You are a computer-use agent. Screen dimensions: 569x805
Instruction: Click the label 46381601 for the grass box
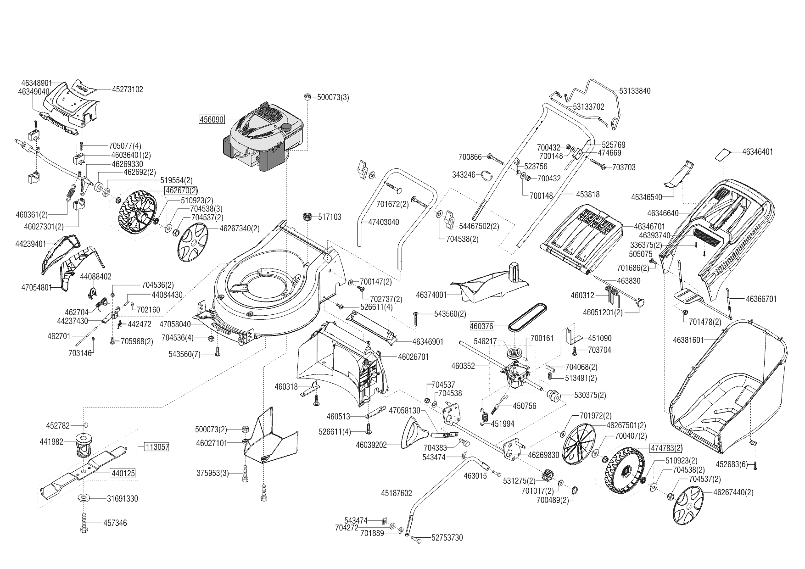click(688, 340)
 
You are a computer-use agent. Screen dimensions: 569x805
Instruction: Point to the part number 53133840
click(635, 91)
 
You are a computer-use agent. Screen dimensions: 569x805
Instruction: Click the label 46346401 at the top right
click(757, 151)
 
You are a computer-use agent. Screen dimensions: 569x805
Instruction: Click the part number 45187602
click(397, 493)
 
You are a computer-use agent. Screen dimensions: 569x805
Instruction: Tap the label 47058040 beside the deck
click(175, 324)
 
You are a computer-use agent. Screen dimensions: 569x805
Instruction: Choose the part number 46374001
click(431, 294)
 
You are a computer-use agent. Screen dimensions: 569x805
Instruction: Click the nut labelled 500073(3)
click(308, 97)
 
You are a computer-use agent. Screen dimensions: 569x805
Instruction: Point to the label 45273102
click(128, 89)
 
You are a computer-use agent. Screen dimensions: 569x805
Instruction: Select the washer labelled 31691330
click(84, 498)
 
